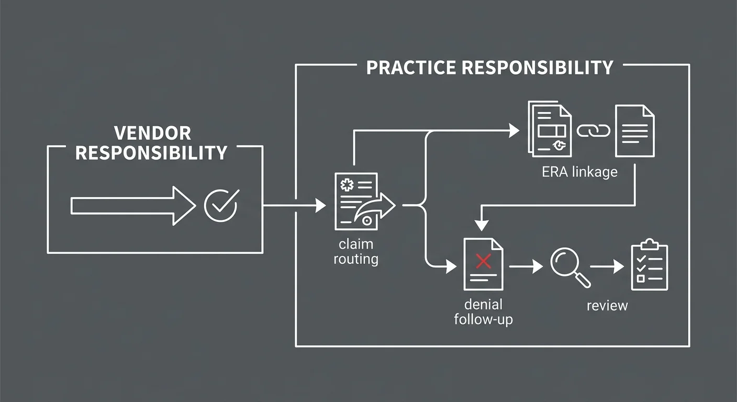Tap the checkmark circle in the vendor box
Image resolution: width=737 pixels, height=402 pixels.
220,205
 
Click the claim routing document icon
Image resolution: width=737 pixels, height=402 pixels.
357,202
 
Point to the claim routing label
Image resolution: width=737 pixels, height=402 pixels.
356,251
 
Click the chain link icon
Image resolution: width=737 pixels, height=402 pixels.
593,130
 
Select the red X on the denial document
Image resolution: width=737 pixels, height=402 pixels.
483,261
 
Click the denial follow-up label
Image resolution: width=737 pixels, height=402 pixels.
483,312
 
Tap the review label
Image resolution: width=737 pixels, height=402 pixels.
607,305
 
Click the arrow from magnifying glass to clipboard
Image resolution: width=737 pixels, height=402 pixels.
608,266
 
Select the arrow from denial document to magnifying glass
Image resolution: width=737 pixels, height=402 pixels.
526,266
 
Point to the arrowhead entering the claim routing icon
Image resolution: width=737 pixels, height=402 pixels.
320,206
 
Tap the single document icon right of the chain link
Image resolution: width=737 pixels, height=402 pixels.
634,131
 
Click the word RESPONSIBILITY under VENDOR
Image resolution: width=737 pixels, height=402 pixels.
151,153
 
